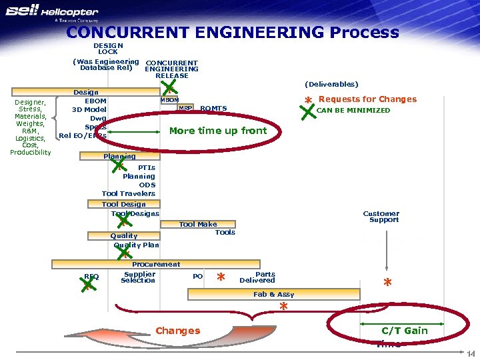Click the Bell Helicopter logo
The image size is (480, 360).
[x=51, y=14]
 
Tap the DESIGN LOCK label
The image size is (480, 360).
[x=108, y=49]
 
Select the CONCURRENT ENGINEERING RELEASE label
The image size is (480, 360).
[x=171, y=69]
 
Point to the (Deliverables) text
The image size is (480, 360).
[x=331, y=84]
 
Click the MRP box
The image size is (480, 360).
[x=185, y=108]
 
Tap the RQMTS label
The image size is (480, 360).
[x=213, y=109]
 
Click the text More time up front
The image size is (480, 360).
[x=218, y=131]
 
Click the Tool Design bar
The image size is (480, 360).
[x=124, y=205]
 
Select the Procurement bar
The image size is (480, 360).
[x=156, y=265]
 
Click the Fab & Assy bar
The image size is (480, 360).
[x=274, y=294]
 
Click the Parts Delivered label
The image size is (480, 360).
[x=257, y=277]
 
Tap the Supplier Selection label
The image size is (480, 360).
[x=139, y=277]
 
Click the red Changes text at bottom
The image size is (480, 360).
[x=177, y=331]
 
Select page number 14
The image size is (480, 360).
[x=470, y=353]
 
